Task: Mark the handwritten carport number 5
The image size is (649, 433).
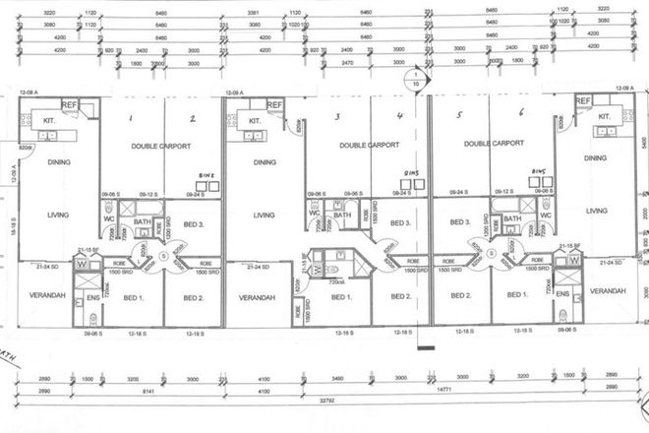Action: click(459, 115)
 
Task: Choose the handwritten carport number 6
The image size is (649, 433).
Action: click(522, 115)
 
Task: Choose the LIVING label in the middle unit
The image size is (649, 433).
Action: click(263, 215)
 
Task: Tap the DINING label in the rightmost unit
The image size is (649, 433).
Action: click(594, 157)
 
